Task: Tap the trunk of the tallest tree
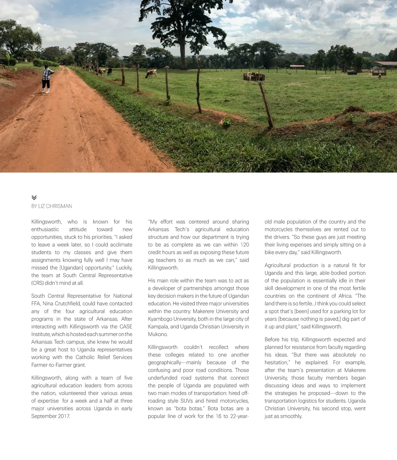coord(183,53)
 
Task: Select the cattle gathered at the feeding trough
coord(254,76)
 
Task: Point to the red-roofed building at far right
coord(386,64)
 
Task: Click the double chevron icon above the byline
coord(34,198)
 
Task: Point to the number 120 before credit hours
coord(244,244)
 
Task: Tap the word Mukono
coord(158,334)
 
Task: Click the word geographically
coord(164,362)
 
